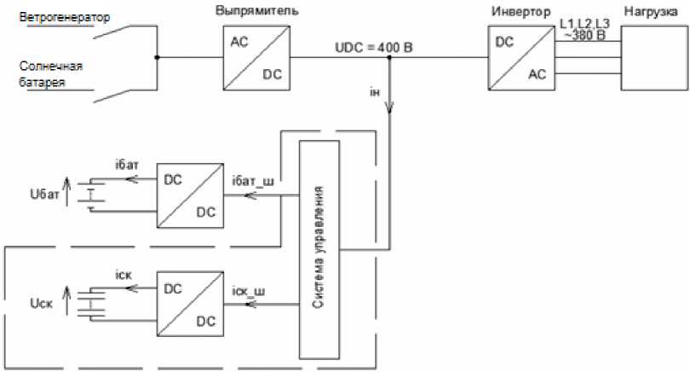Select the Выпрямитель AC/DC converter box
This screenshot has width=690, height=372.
click(256, 58)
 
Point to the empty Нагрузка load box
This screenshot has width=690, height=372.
click(655, 58)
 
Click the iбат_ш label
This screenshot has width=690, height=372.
click(253, 181)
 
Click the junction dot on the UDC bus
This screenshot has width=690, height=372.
click(390, 58)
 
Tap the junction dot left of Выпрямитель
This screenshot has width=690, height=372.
click(157, 58)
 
